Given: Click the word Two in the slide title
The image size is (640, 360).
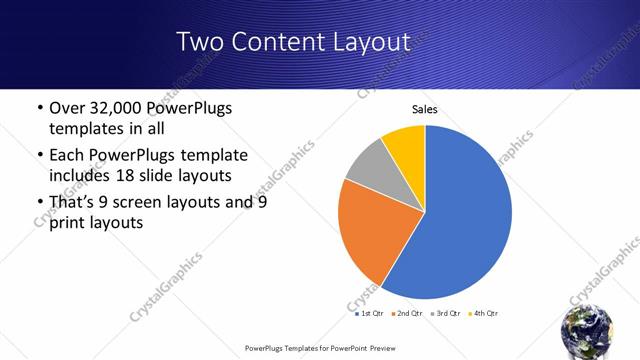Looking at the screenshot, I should tap(200, 42).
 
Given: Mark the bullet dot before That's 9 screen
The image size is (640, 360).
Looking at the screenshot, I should tap(38, 202).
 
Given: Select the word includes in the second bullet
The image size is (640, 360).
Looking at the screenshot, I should tap(79, 176).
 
